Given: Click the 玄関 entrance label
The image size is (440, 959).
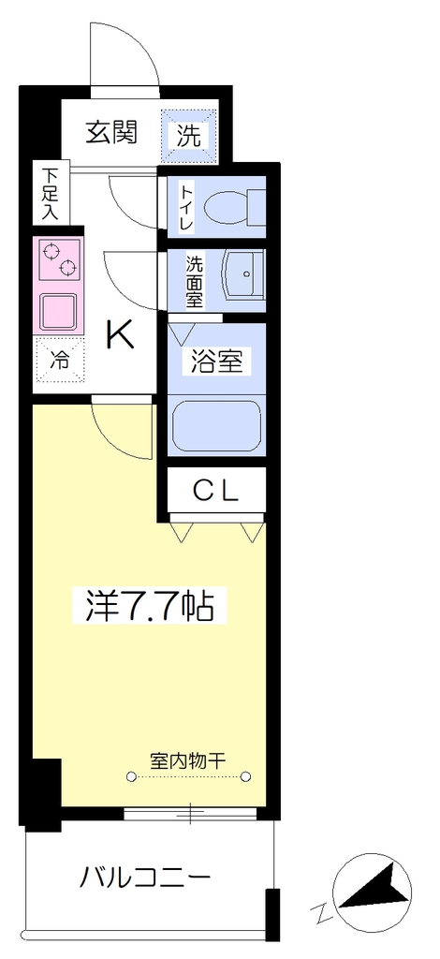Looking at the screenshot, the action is tap(110, 132).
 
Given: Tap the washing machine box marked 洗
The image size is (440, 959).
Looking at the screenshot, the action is tap(189, 137).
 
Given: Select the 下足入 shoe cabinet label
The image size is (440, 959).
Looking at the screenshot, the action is tap(50, 194).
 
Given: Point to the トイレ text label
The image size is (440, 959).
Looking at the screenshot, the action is tap(186, 207).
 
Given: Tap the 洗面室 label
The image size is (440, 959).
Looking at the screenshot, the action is tap(195, 281).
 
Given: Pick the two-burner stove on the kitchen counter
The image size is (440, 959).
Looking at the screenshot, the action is tap(60, 259).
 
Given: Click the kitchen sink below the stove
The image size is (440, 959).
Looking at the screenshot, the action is tap(59, 312).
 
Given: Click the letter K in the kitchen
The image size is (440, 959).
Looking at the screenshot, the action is tap(121, 334).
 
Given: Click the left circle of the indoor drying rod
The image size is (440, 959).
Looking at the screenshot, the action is tap(131, 777).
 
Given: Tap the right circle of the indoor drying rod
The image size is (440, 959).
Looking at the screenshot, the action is tap(245, 777).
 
